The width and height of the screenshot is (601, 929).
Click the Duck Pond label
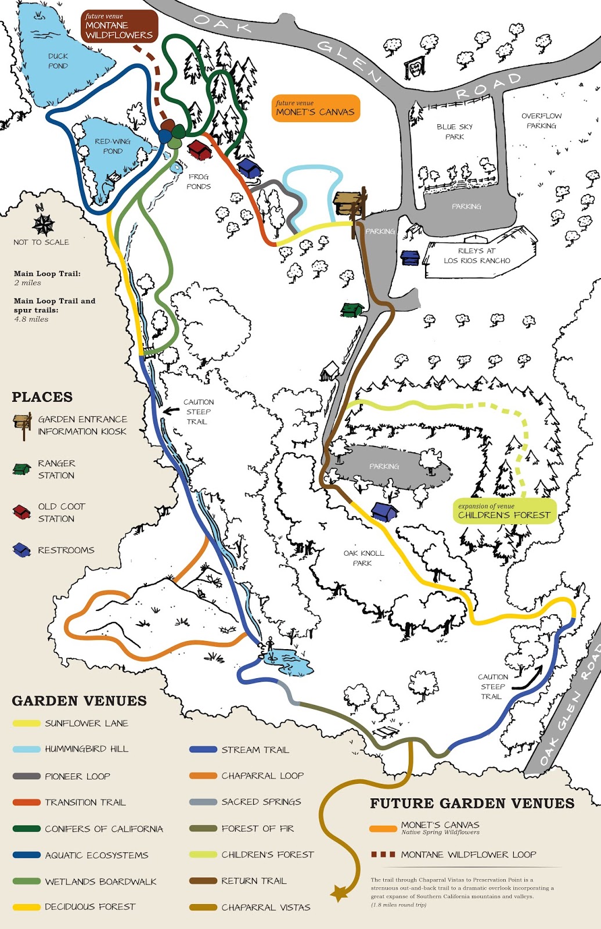[x=58, y=61]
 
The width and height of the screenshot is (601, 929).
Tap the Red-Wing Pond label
[x=113, y=146]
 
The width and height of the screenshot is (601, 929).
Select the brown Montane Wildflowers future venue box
[x=119, y=26]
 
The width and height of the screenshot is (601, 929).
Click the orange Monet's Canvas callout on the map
[x=315, y=109]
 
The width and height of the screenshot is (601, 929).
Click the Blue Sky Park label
[x=455, y=131]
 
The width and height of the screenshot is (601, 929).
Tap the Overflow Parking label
[x=541, y=121]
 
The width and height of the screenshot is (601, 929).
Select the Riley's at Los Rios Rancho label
[x=477, y=255]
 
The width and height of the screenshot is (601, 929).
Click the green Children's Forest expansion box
[x=503, y=512]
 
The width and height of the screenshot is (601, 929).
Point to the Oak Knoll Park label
[x=364, y=558]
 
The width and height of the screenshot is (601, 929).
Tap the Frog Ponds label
[x=199, y=181]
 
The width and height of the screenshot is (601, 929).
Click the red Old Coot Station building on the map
[x=199, y=150]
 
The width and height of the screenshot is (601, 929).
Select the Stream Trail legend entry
[x=239, y=750]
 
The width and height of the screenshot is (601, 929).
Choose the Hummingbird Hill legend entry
[x=71, y=749]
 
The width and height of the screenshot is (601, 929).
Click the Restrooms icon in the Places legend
[x=21, y=550]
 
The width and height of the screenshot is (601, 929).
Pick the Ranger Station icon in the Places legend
[x=21, y=469]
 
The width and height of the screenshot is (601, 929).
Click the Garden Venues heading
[x=79, y=701]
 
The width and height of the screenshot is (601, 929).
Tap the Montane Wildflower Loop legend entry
[x=454, y=855]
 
